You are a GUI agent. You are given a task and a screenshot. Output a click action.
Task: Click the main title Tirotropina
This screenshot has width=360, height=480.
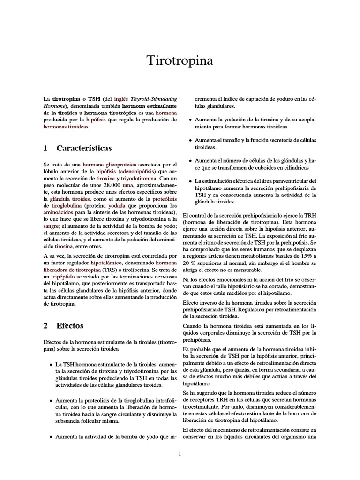click(180, 61)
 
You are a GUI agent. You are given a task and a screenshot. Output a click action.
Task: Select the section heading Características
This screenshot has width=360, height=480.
click(84, 149)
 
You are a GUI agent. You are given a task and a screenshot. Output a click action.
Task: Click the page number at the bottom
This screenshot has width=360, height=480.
click(180, 453)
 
